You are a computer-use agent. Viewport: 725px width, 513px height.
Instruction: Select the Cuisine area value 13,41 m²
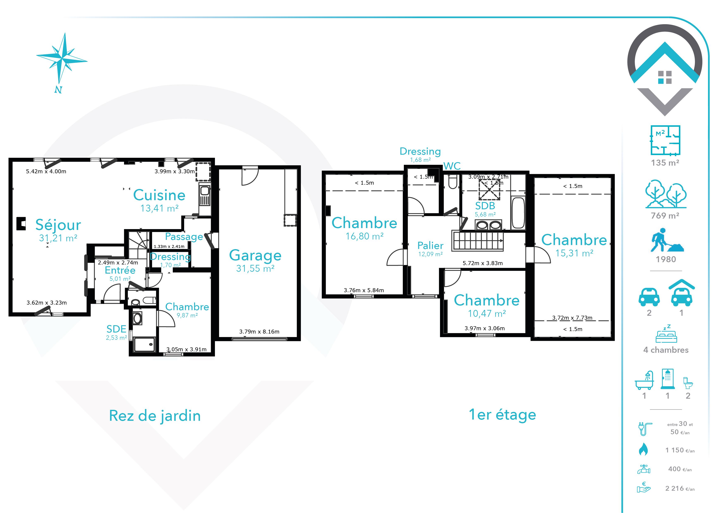160,208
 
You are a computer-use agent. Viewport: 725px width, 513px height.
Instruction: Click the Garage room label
255,255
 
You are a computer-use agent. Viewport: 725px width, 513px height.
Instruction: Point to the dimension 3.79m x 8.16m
259,332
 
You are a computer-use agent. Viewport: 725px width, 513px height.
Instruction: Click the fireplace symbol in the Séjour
21,223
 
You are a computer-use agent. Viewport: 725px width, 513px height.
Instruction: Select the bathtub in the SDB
518,213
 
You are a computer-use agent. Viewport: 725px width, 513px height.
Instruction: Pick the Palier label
430,245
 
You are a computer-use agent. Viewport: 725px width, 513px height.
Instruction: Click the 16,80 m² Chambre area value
364,236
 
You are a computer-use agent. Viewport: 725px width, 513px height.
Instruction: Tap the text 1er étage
502,415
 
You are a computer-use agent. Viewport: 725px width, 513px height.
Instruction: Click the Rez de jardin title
155,416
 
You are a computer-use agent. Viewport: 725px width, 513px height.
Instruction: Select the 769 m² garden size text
665,216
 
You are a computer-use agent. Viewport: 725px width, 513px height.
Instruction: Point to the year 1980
666,259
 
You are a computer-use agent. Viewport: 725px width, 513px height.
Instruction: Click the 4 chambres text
666,350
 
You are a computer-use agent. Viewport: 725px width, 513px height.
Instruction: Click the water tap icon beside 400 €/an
644,469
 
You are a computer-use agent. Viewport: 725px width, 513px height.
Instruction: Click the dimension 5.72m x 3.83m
483,263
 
